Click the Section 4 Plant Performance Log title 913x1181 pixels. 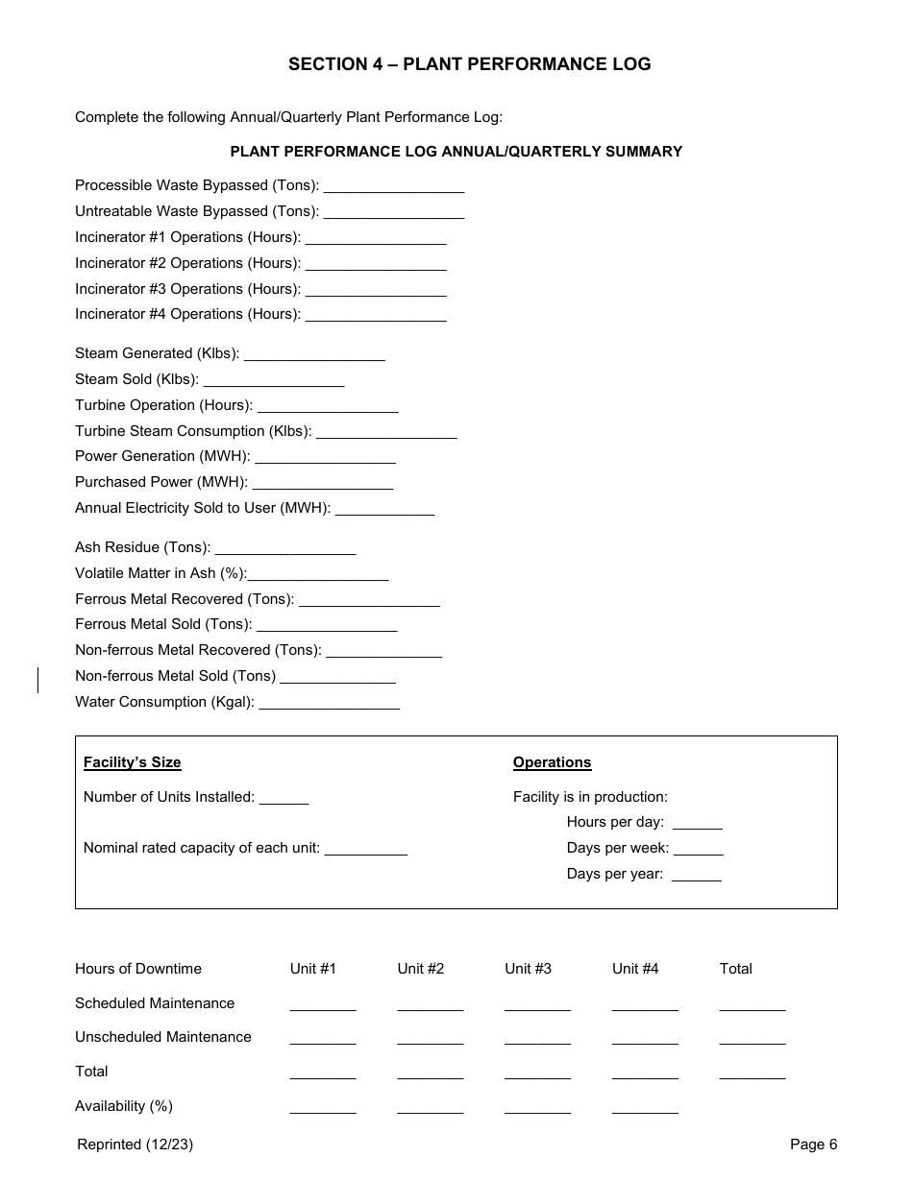pyautogui.click(x=469, y=64)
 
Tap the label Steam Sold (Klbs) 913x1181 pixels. pyautogui.click(x=136, y=379)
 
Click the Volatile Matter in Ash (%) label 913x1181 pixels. pyautogui.click(x=160, y=573)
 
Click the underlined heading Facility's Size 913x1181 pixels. pyautogui.click(x=132, y=762)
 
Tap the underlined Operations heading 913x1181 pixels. pyautogui.click(x=552, y=762)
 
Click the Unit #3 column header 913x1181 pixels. pyautogui.click(x=528, y=969)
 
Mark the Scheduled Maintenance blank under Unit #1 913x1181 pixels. pyautogui.click(x=323, y=1006)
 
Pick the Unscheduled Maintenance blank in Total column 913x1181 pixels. pyautogui.click(x=752, y=1040)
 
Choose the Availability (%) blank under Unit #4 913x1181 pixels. pyautogui.click(x=645, y=1109)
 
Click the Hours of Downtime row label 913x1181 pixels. pyautogui.click(x=138, y=969)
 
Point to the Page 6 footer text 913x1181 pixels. pyautogui.click(x=813, y=1144)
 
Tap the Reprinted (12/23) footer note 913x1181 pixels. pyautogui.click(x=135, y=1144)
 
